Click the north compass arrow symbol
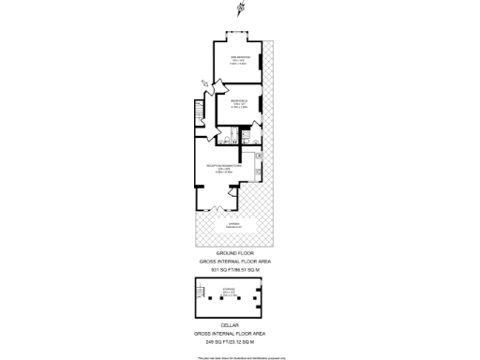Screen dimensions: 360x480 [240, 10]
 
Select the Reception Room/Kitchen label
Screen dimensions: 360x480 [225, 168]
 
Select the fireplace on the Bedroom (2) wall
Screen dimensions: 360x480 [261, 108]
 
